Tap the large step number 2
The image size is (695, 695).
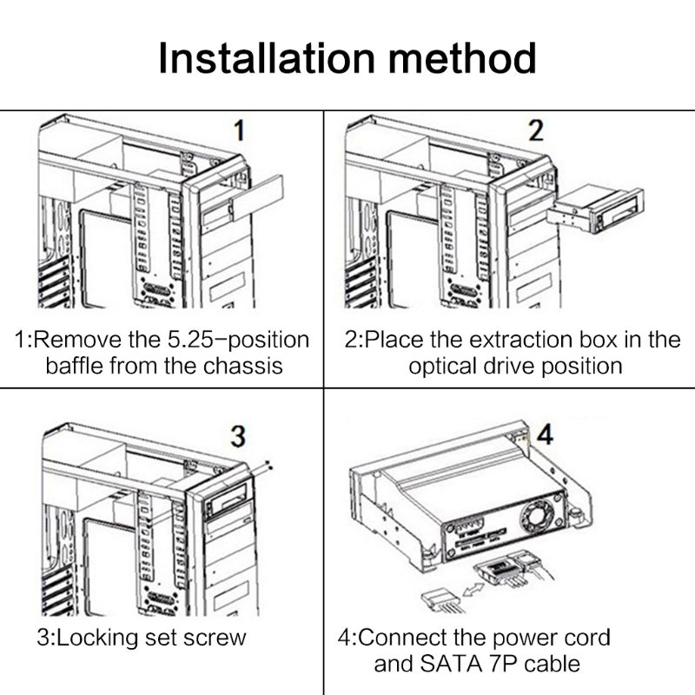(536, 131)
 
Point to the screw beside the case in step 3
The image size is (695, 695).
(272, 467)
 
